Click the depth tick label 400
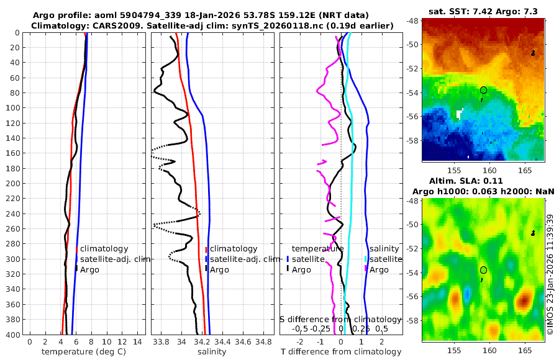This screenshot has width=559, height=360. pos(15,335)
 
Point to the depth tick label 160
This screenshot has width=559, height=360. pos(15,153)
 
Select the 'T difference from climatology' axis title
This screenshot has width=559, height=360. pos(340,352)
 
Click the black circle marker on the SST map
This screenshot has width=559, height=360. pos(483,90)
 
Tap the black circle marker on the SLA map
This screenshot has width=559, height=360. pos(483,270)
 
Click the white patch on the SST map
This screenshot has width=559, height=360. pos(460,114)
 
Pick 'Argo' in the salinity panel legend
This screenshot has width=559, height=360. pos(219,270)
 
